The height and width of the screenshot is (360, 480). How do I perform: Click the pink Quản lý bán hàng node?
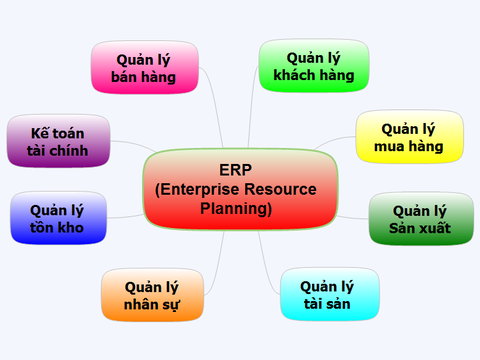(x=144, y=67)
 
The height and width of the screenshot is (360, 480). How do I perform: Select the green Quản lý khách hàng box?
(x=313, y=65)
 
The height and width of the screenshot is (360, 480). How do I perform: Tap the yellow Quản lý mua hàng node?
(x=409, y=137)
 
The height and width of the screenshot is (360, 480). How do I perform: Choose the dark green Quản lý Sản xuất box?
(x=420, y=218)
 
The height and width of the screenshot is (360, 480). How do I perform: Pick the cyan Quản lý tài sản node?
(x=329, y=295)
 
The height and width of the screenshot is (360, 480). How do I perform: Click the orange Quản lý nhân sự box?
(x=152, y=295)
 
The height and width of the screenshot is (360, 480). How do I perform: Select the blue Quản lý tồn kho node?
(x=57, y=218)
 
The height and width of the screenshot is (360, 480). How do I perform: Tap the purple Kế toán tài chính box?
(x=58, y=141)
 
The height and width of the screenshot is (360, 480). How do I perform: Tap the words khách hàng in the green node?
(x=313, y=75)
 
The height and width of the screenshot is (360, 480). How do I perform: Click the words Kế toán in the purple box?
(x=58, y=131)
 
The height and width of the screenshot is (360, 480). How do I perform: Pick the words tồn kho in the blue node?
(x=57, y=228)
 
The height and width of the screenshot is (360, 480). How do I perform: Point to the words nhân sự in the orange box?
(x=152, y=305)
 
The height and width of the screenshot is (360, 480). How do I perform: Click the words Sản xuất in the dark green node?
(x=420, y=228)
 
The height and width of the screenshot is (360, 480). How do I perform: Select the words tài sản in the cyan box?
(x=329, y=305)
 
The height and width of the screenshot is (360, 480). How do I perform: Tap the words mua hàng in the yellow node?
(x=409, y=147)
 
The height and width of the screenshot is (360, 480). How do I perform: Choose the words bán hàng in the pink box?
(x=144, y=77)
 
